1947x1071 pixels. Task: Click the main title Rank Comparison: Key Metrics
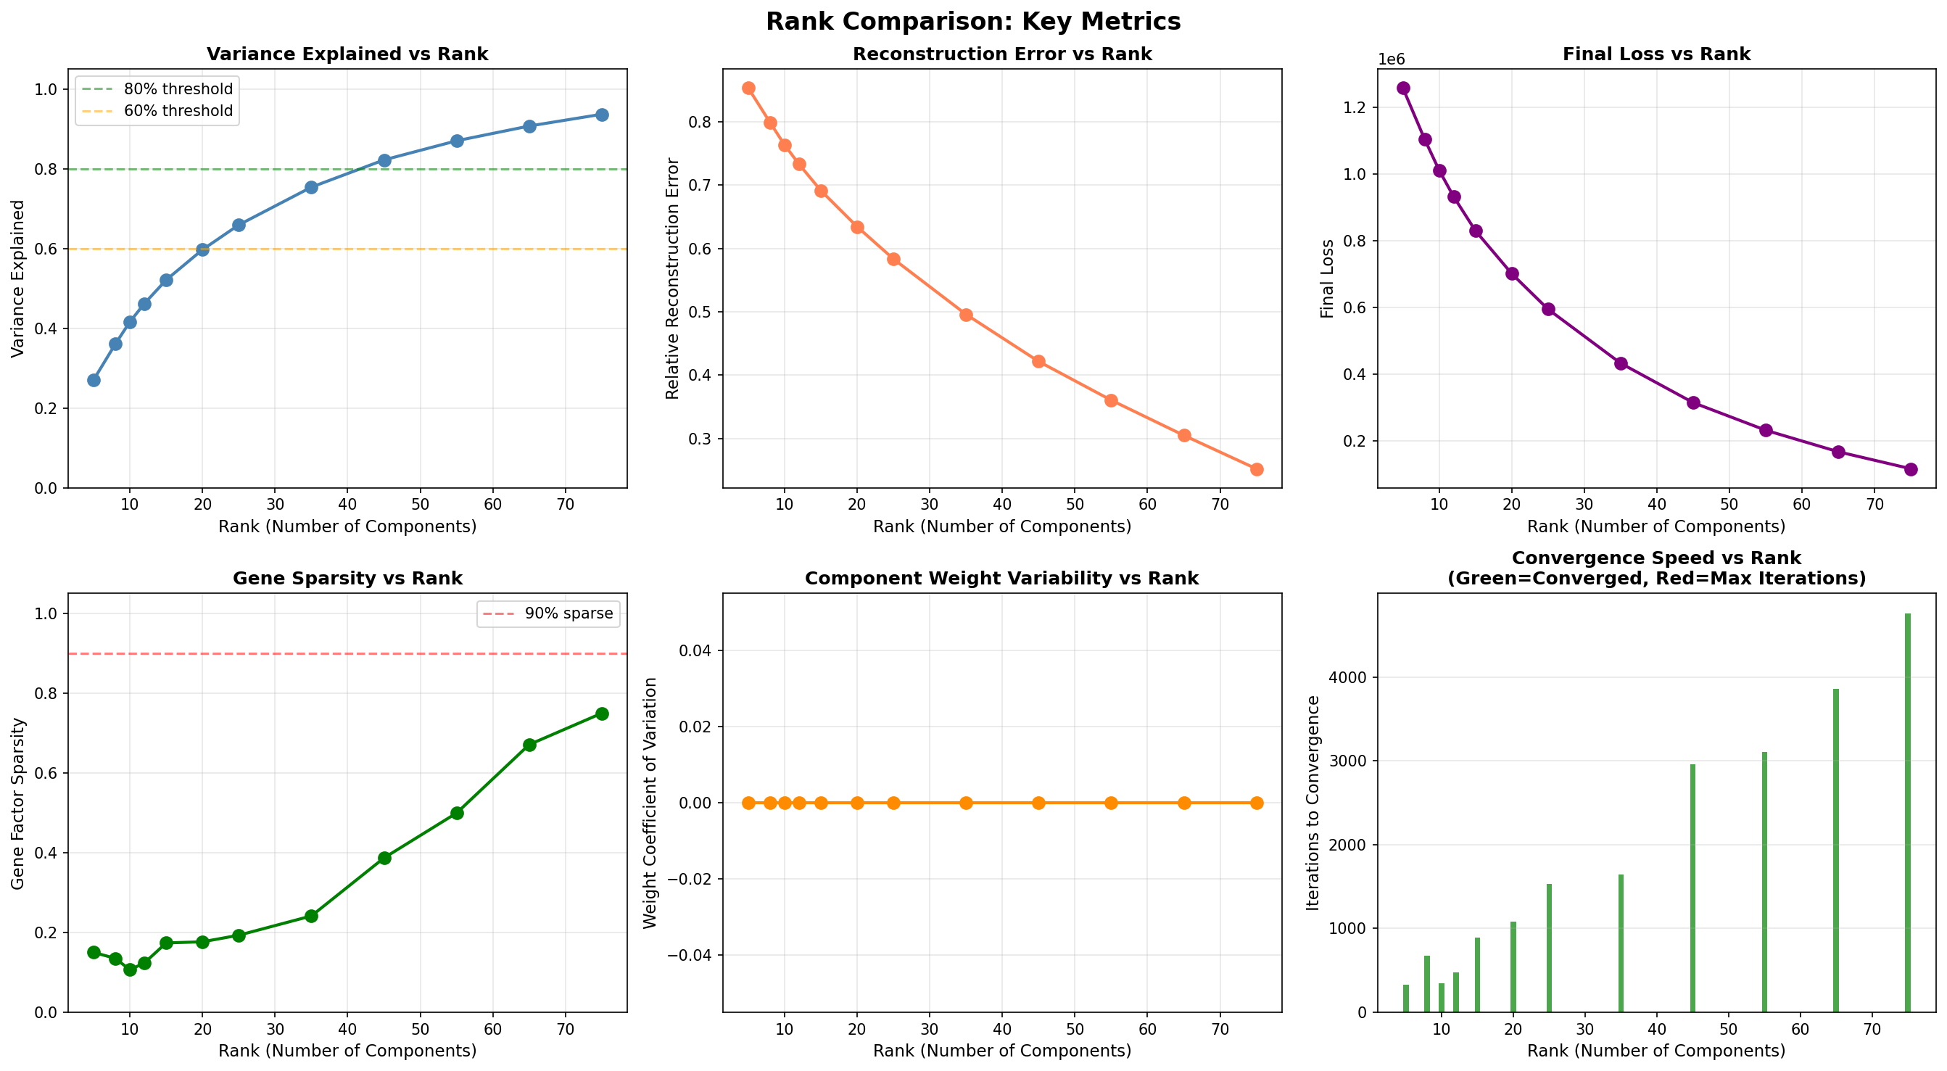coord(972,21)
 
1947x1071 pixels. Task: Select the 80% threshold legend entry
coord(178,89)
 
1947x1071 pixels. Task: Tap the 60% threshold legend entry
coord(178,111)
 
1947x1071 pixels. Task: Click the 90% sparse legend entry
coord(569,613)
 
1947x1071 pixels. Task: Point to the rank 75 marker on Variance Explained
coord(602,115)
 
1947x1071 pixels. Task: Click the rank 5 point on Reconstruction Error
coord(748,88)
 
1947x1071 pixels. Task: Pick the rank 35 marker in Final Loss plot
coord(1621,363)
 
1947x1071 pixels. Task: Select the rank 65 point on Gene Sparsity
coord(529,745)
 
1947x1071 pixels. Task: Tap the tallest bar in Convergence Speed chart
coord(1907,813)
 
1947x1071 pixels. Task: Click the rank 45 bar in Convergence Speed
coord(1692,888)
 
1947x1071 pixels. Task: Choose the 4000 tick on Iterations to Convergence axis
coord(1349,678)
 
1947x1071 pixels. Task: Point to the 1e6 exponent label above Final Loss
coord(1392,59)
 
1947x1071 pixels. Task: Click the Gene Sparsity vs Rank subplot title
coord(347,578)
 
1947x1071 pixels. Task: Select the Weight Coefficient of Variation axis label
coord(650,803)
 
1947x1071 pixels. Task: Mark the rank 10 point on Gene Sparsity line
coord(130,969)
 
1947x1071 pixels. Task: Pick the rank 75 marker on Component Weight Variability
coord(1256,803)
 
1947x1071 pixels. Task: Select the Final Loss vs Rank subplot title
coord(1656,54)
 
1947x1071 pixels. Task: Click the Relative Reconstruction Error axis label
coord(673,279)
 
